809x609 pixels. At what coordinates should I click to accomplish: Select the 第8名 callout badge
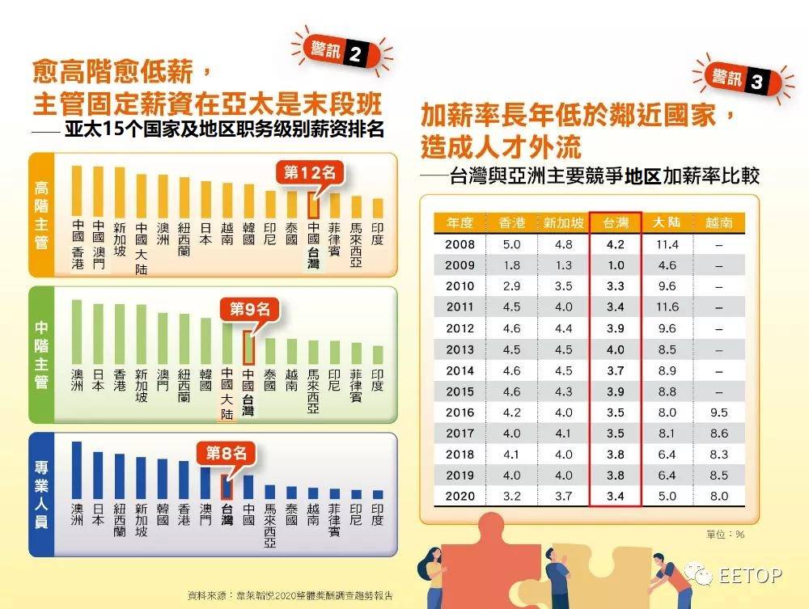227,453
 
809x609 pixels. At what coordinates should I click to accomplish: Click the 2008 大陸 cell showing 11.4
667,244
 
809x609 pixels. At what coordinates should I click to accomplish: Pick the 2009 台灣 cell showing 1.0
616,265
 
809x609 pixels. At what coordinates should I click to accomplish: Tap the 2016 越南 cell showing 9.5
718,412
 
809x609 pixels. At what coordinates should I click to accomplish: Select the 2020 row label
460,496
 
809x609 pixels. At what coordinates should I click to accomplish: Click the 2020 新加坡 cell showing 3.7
563,496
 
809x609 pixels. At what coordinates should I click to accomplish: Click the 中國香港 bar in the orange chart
78,190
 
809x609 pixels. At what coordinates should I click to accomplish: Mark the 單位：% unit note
726,534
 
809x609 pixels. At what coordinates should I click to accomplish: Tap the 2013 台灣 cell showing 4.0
616,349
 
